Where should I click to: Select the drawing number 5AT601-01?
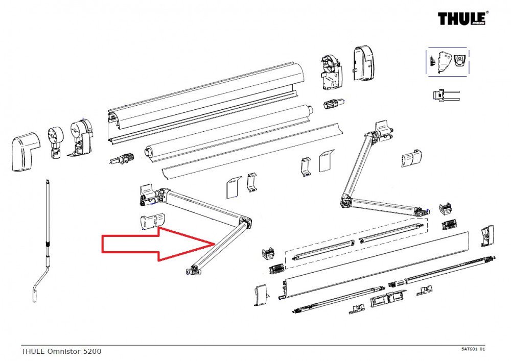click(473, 349)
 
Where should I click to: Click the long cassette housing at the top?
click(204, 100)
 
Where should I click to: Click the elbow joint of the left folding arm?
click(246, 223)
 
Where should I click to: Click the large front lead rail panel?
click(378, 266)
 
